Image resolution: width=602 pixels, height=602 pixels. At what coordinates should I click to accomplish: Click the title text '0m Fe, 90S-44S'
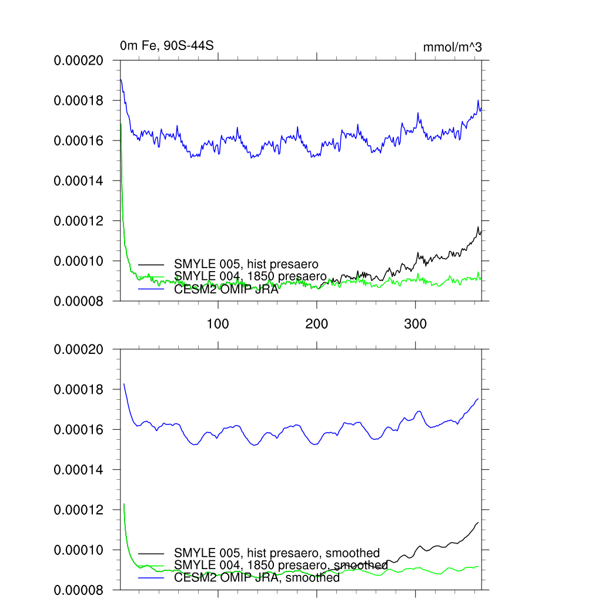point(162,46)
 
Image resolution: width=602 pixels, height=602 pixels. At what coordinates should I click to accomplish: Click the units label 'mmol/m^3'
point(452,48)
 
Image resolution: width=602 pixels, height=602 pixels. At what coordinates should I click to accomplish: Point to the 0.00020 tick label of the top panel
point(79,61)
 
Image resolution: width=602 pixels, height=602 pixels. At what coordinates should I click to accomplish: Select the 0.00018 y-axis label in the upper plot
point(79,101)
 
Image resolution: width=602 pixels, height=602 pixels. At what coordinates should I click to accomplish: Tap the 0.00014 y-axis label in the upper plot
point(79,180)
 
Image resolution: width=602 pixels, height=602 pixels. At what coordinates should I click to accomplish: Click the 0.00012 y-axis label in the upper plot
point(79,220)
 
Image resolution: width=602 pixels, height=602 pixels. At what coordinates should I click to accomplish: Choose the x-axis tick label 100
point(218,324)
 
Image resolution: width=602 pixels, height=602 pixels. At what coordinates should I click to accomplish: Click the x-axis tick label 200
point(317,324)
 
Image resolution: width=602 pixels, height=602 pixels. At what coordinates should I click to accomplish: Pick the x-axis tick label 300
point(416,324)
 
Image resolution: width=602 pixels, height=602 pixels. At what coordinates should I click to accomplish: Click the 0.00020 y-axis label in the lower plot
point(79,350)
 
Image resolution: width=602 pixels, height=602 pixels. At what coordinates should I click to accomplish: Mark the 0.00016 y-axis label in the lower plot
point(79,430)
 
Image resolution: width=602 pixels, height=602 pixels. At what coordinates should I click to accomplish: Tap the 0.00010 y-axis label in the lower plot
point(79,550)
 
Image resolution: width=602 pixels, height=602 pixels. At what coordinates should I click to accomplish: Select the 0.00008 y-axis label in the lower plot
point(79,590)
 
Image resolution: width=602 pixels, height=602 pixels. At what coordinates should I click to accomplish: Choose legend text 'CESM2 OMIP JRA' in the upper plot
point(226,289)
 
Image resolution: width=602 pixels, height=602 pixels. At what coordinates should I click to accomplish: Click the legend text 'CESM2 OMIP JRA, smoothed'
point(257,578)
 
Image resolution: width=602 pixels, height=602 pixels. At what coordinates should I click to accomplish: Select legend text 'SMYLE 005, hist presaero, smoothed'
point(277,553)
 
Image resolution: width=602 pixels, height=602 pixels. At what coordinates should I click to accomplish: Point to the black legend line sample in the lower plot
point(151,553)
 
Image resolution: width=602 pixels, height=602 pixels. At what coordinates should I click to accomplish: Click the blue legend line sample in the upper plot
point(151,289)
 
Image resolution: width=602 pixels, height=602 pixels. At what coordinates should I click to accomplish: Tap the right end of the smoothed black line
point(478,522)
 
